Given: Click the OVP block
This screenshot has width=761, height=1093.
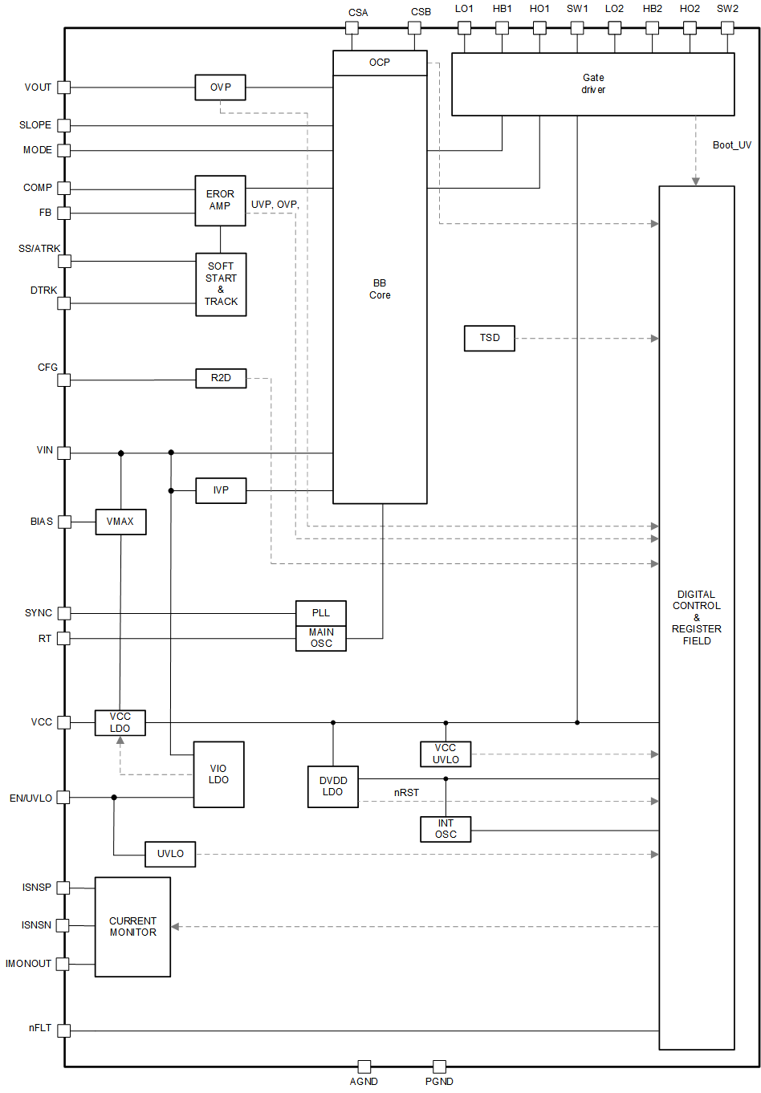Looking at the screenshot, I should point(220,87).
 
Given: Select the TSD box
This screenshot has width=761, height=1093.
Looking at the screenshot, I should point(490,338).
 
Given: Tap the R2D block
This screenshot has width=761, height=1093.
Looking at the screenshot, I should point(221,378).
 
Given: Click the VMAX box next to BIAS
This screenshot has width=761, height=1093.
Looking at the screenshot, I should point(120,522).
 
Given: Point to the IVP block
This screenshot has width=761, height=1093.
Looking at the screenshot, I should point(221,490).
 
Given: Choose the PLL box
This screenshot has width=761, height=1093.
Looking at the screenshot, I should point(321,613).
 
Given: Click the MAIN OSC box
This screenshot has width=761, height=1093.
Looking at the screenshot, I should point(321,639).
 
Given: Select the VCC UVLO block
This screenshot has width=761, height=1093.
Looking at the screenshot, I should point(446,754).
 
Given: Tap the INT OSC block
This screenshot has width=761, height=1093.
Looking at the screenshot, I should point(446,829).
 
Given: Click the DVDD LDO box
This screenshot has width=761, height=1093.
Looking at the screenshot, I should point(333,786).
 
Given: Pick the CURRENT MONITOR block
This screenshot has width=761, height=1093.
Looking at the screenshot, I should point(132,927).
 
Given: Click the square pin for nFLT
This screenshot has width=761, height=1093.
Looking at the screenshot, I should point(64,1030).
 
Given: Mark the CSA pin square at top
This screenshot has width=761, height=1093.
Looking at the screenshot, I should point(352,27).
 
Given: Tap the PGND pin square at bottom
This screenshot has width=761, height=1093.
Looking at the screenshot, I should point(439,1067).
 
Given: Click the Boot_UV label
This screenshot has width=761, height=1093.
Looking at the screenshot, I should point(732,145).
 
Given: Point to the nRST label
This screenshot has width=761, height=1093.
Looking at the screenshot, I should point(406,793).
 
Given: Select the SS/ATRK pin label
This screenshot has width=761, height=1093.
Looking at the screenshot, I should point(39,249).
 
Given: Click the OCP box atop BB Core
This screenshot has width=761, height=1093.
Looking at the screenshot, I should point(380,63).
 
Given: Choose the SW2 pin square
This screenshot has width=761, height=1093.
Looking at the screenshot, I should point(727,27).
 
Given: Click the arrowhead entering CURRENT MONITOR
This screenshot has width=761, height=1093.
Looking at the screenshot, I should point(175,927).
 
